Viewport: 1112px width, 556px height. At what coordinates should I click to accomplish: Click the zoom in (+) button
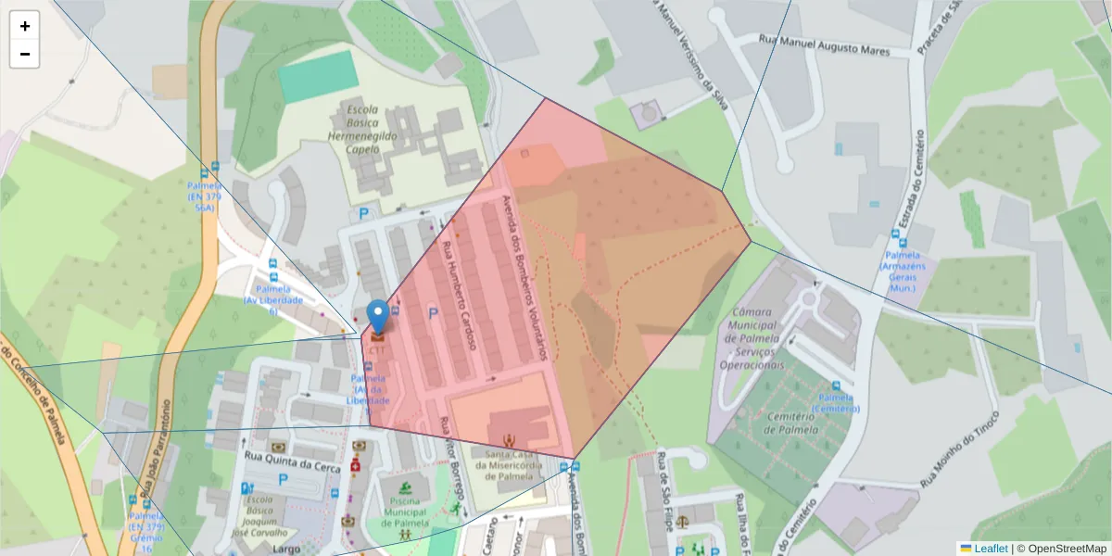click(x=25, y=26)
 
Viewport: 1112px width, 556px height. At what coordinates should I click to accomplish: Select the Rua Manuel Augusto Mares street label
click(x=824, y=44)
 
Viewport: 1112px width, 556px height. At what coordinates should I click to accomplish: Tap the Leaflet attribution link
click(x=990, y=549)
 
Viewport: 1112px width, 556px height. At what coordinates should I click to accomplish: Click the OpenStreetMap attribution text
click(x=1062, y=549)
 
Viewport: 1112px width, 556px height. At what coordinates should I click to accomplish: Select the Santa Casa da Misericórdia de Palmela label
click(x=506, y=464)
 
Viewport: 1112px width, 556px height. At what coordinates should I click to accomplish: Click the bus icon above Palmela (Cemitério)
click(x=835, y=386)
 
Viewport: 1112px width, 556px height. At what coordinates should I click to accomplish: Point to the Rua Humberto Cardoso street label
click(x=459, y=295)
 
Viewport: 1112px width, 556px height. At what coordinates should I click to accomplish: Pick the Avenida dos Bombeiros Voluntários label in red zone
click(x=524, y=278)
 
